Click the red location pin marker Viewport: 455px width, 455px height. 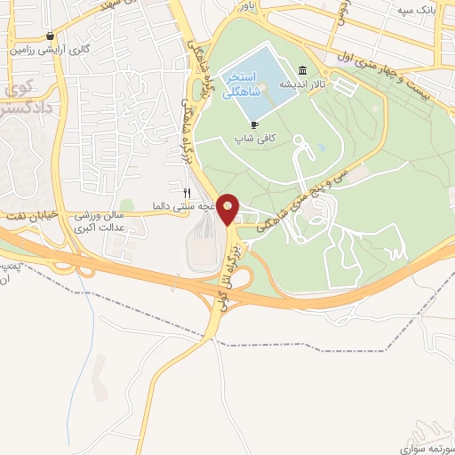point(228,209)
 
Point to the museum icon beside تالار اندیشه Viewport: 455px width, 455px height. point(303,71)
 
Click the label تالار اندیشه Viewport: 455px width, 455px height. point(312,86)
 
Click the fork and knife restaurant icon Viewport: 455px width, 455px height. point(187,193)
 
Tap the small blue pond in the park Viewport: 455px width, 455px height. point(321,147)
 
